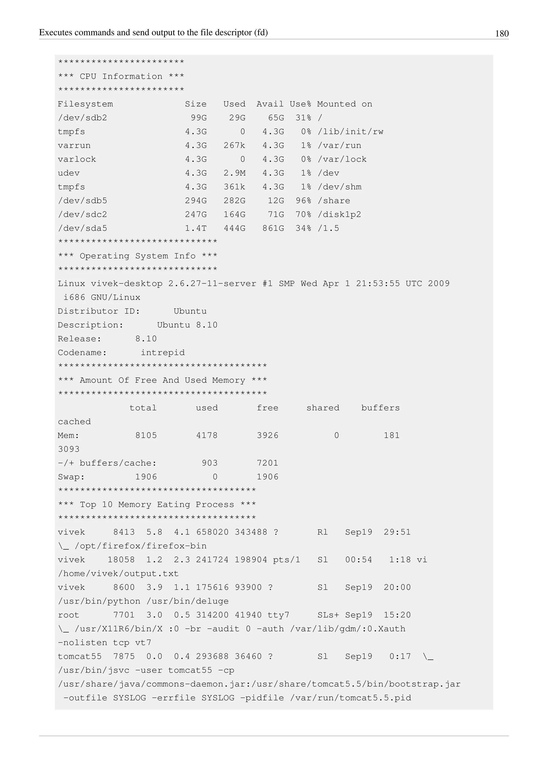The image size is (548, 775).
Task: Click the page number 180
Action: coord(501,33)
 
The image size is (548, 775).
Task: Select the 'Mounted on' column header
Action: coord(345,104)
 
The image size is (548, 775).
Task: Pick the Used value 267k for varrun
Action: coord(234,146)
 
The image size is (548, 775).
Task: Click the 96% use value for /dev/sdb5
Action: coord(303,201)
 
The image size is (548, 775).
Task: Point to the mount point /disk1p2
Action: coord(339,215)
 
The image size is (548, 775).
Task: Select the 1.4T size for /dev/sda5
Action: coord(196,229)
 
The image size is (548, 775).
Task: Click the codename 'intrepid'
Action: coord(163,353)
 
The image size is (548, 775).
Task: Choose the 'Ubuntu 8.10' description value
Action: coord(187,325)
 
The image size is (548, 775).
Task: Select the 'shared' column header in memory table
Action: coord(323,408)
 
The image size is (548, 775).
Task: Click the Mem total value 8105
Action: coord(146,435)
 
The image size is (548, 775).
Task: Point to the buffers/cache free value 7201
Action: coord(268,463)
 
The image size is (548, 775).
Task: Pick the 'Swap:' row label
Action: coord(71,477)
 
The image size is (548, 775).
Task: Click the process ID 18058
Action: coord(121,560)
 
